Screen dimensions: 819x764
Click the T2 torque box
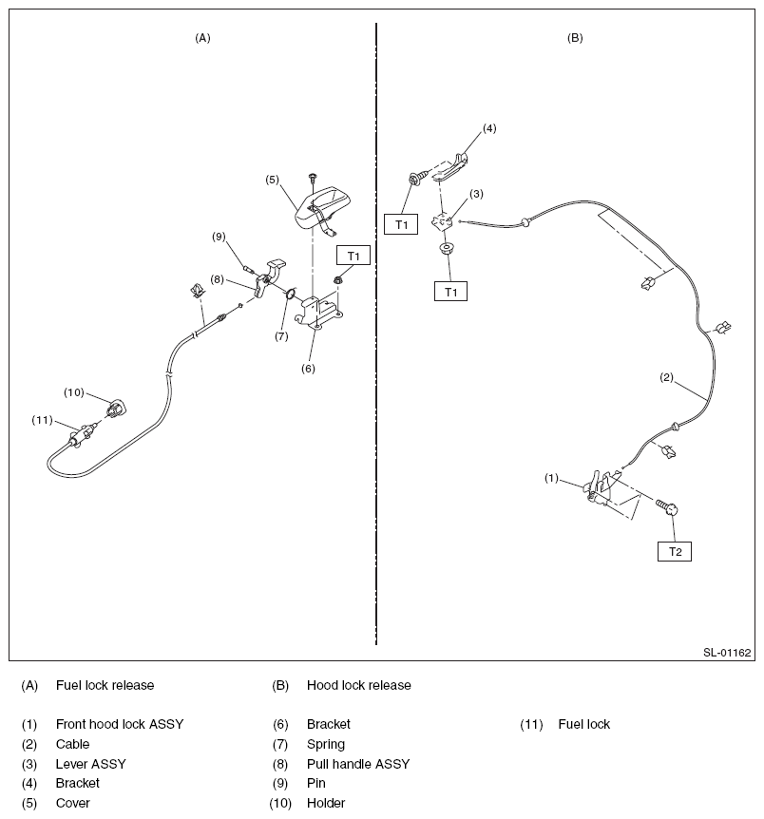tap(674, 551)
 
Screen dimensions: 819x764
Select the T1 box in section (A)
tap(353, 256)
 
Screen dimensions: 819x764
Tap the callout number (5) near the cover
tap(272, 178)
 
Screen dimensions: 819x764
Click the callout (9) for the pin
tap(219, 237)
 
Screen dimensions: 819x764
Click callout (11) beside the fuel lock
tap(43, 420)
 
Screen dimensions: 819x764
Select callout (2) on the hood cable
tap(667, 377)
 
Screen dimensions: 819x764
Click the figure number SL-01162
tap(727, 653)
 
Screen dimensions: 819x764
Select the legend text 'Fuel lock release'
tap(105, 685)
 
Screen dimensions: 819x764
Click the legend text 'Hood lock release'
tap(358, 685)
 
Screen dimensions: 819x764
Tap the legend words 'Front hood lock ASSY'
tap(120, 724)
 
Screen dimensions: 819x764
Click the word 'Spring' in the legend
tap(326, 744)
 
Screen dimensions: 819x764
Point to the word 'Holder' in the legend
tap(326, 803)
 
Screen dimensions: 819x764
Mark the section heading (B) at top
tap(575, 38)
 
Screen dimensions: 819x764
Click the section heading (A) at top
tap(202, 38)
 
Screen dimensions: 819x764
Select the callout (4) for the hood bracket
tap(489, 127)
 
